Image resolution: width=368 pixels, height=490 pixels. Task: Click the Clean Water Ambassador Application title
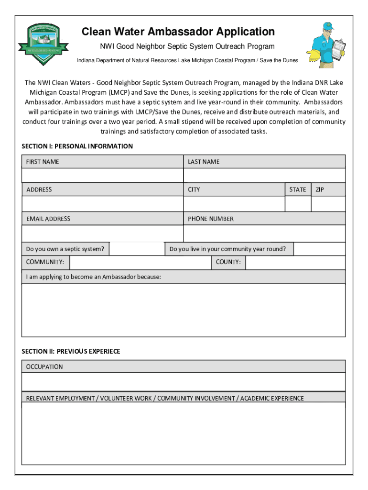pos(178,32)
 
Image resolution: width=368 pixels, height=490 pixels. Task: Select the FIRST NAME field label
pos(43,162)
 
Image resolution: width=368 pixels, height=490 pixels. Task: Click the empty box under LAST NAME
pos(264,175)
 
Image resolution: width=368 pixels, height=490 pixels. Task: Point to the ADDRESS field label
pos(39,189)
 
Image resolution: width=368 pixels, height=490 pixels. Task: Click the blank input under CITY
pos(234,204)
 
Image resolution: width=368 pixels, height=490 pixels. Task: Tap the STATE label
pos(298,189)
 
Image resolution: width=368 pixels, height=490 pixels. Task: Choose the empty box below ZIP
pos(328,204)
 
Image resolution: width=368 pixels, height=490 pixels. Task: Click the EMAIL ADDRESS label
pos(48,219)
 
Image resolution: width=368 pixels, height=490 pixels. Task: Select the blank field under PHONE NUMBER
pos(264,234)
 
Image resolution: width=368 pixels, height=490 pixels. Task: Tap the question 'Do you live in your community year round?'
pos(228,249)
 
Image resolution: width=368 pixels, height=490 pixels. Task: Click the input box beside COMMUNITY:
pos(140,262)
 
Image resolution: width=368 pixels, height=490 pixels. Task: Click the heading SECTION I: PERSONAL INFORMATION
pos(77,146)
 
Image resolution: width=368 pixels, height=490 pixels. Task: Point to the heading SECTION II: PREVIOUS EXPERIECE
pos(71,351)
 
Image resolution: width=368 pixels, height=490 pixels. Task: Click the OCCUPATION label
pos(44,367)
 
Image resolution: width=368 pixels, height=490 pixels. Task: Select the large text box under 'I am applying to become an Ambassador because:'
pos(184,310)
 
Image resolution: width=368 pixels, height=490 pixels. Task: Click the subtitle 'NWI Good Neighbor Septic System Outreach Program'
pos(184,46)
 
